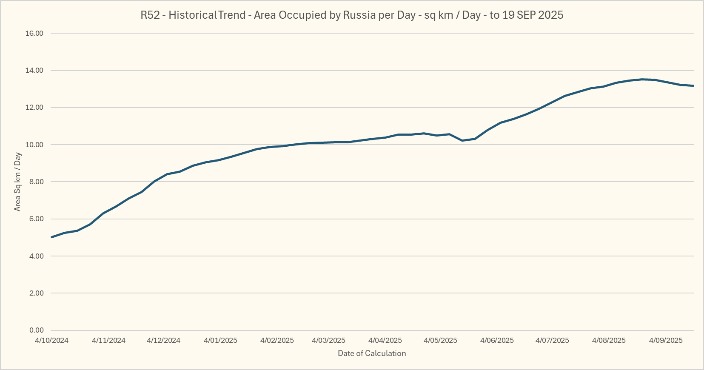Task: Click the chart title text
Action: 352,15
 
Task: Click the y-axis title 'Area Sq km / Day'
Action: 17,182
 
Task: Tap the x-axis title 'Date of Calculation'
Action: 372,353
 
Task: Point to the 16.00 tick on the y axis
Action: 34,34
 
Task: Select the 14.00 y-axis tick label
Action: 34,71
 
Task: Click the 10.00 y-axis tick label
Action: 34,145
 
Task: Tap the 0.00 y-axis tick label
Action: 36,330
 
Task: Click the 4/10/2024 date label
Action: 51,341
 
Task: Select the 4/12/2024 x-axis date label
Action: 163,341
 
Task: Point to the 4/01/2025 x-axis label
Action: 220,341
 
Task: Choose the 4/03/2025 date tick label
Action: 328,341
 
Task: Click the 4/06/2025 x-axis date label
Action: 497,341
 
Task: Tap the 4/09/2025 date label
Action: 666,341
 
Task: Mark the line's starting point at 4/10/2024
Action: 51,237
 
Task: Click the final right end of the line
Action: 693,86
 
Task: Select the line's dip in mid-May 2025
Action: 462,140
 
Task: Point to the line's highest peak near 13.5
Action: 643,79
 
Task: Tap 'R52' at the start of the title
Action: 150,15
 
